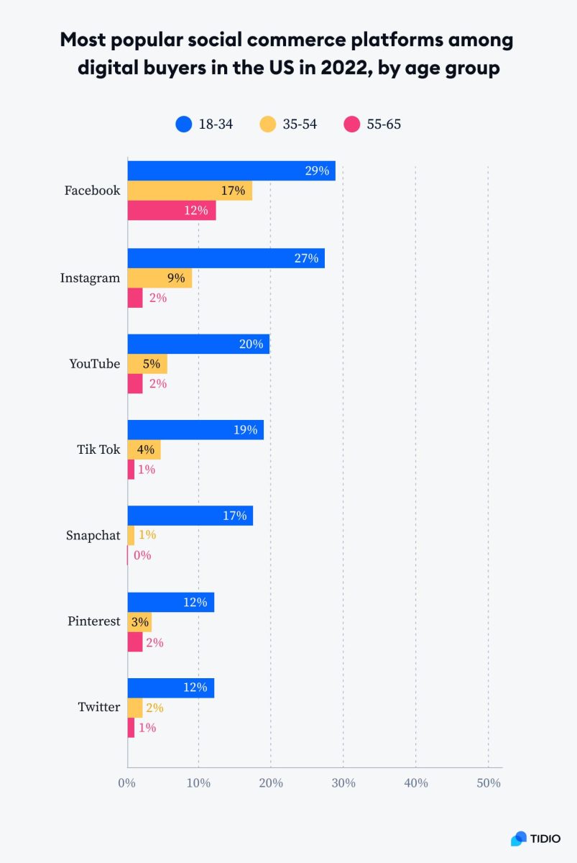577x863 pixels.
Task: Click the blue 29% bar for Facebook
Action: (x=231, y=171)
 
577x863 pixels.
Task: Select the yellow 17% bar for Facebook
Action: (x=190, y=191)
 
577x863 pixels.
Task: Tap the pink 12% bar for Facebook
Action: (x=172, y=211)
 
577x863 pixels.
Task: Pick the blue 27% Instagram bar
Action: (x=226, y=258)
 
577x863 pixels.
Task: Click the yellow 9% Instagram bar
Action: (x=160, y=278)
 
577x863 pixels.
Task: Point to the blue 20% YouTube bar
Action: (x=198, y=344)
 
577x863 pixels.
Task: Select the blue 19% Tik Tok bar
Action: (x=195, y=430)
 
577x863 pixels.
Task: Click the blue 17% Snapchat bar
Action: (x=190, y=516)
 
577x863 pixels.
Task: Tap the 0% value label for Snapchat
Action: (x=142, y=555)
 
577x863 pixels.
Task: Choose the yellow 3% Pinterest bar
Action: (x=139, y=621)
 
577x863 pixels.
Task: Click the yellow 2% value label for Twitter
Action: (x=154, y=708)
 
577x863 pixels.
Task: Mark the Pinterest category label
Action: (x=93, y=621)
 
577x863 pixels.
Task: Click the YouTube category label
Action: (x=94, y=364)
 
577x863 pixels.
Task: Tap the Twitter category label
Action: (x=98, y=708)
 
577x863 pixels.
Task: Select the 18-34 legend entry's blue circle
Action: (x=184, y=124)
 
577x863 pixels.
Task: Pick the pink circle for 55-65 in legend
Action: (x=352, y=124)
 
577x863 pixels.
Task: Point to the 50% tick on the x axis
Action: (x=489, y=782)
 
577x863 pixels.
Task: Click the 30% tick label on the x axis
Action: (x=343, y=782)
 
